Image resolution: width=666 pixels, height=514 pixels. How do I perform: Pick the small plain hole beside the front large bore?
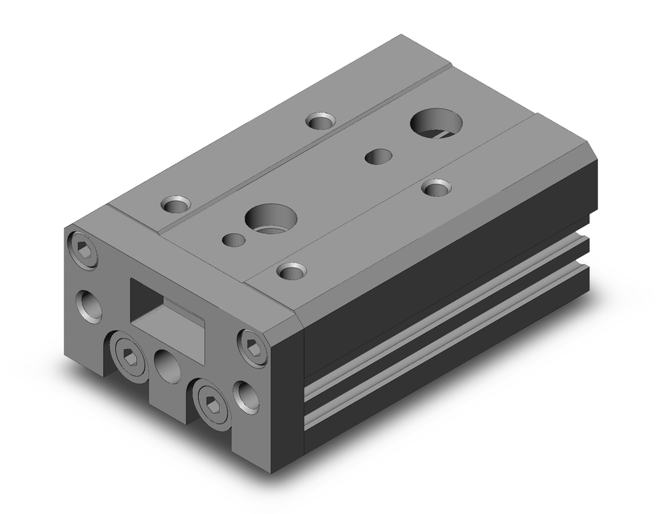pos(233,239)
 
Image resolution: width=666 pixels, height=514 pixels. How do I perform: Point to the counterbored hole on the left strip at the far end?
pos(320,121)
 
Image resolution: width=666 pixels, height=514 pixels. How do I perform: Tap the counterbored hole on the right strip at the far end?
pos(436,188)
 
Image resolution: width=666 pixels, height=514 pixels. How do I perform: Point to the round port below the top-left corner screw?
pos(89,305)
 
